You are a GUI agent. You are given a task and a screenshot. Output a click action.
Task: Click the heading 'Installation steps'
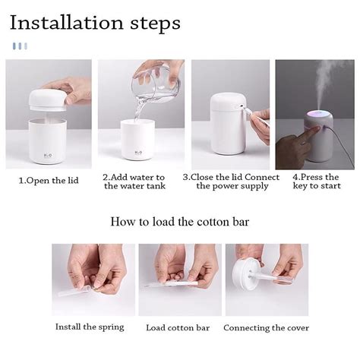coord(95,22)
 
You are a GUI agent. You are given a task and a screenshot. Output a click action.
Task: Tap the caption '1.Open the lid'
coord(48,181)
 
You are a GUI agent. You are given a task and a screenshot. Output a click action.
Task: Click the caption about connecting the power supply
coord(230,182)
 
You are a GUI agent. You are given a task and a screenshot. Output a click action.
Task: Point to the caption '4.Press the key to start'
coord(314,182)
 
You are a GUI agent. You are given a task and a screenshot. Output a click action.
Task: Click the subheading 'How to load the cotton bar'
coord(180,222)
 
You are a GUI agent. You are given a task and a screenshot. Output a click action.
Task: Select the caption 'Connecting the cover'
coord(266,327)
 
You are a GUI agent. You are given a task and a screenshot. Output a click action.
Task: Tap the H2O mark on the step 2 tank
coord(138,151)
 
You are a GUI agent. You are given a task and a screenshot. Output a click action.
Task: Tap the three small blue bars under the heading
coord(20,46)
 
